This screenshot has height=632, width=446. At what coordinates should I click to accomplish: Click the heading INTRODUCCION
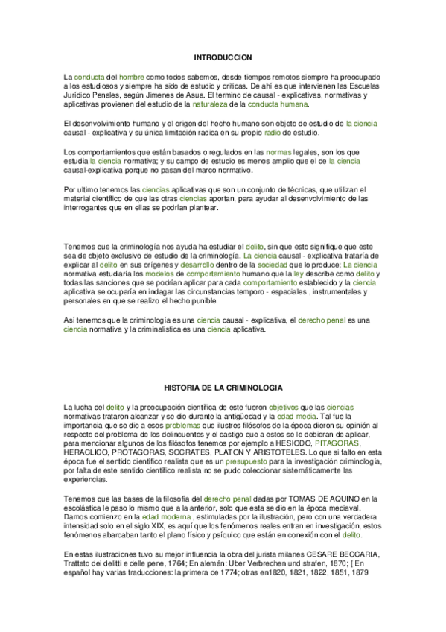[x=223, y=57]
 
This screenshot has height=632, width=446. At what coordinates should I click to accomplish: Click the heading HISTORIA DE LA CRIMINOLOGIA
[x=223, y=388]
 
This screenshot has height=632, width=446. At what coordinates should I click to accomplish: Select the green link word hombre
[x=132, y=77]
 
